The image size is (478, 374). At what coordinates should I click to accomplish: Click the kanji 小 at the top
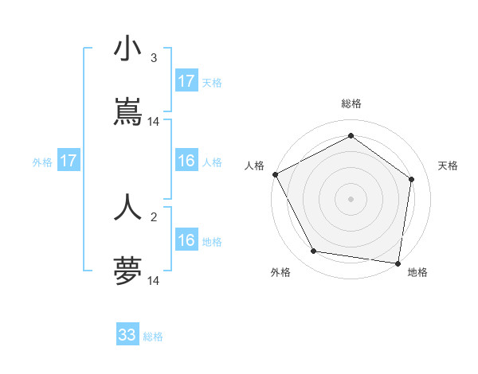point(127,49)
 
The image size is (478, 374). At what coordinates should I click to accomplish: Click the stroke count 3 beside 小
point(154,57)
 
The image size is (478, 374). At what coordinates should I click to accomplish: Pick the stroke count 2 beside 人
point(154,216)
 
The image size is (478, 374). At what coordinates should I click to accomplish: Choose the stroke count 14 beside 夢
point(154,281)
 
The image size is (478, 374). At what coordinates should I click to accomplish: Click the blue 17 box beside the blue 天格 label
point(186,81)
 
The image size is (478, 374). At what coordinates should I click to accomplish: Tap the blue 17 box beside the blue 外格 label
point(69,161)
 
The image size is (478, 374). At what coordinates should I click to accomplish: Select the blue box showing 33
point(127,335)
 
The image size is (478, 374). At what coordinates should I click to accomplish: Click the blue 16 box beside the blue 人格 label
point(186,161)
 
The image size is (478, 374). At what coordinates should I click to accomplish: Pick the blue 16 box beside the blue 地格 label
point(186,240)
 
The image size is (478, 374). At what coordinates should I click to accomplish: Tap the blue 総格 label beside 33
point(153,337)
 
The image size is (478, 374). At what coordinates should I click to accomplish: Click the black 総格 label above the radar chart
point(351,103)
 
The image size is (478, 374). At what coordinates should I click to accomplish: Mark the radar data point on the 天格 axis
point(412,179)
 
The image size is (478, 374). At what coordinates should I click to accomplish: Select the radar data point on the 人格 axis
point(275,174)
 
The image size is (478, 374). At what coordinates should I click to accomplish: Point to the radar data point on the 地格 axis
point(398,263)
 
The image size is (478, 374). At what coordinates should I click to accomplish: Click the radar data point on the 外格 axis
point(314,251)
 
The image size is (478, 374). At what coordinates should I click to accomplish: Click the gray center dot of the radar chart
point(351,199)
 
